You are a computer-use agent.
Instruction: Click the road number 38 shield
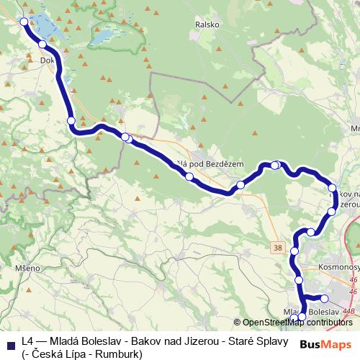(279, 247)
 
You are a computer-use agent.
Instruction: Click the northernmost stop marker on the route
(24, 22)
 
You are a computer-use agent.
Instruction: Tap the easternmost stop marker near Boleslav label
(324, 298)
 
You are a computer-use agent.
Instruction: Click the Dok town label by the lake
(48, 61)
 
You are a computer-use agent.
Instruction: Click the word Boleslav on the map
(324, 311)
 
